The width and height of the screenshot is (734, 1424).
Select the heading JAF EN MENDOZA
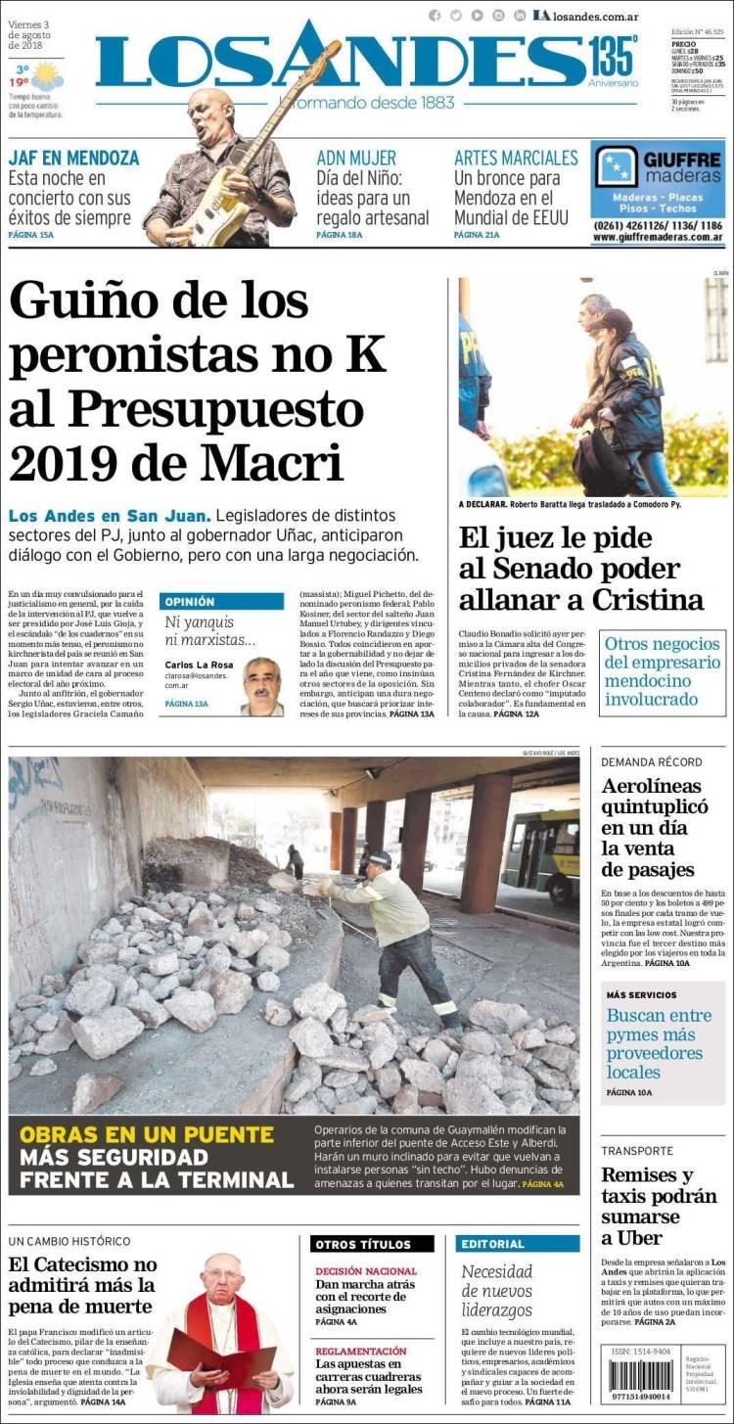click(x=73, y=158)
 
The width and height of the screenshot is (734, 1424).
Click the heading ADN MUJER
click(x=356, y=158)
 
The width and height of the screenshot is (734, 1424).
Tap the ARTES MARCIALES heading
click(x=516, y=158)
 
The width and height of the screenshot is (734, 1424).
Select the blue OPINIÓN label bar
click(x=221, y=602)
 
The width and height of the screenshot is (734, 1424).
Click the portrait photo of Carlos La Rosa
click(x=262, y=687)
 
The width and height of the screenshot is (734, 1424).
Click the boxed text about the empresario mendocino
click(x=663, y=671)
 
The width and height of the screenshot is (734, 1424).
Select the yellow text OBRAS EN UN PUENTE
click(x=147, y=1134)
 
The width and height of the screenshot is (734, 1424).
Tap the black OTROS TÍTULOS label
click(x=372, y=1244)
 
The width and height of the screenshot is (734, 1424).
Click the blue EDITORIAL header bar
click(x=517, y=1244)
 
